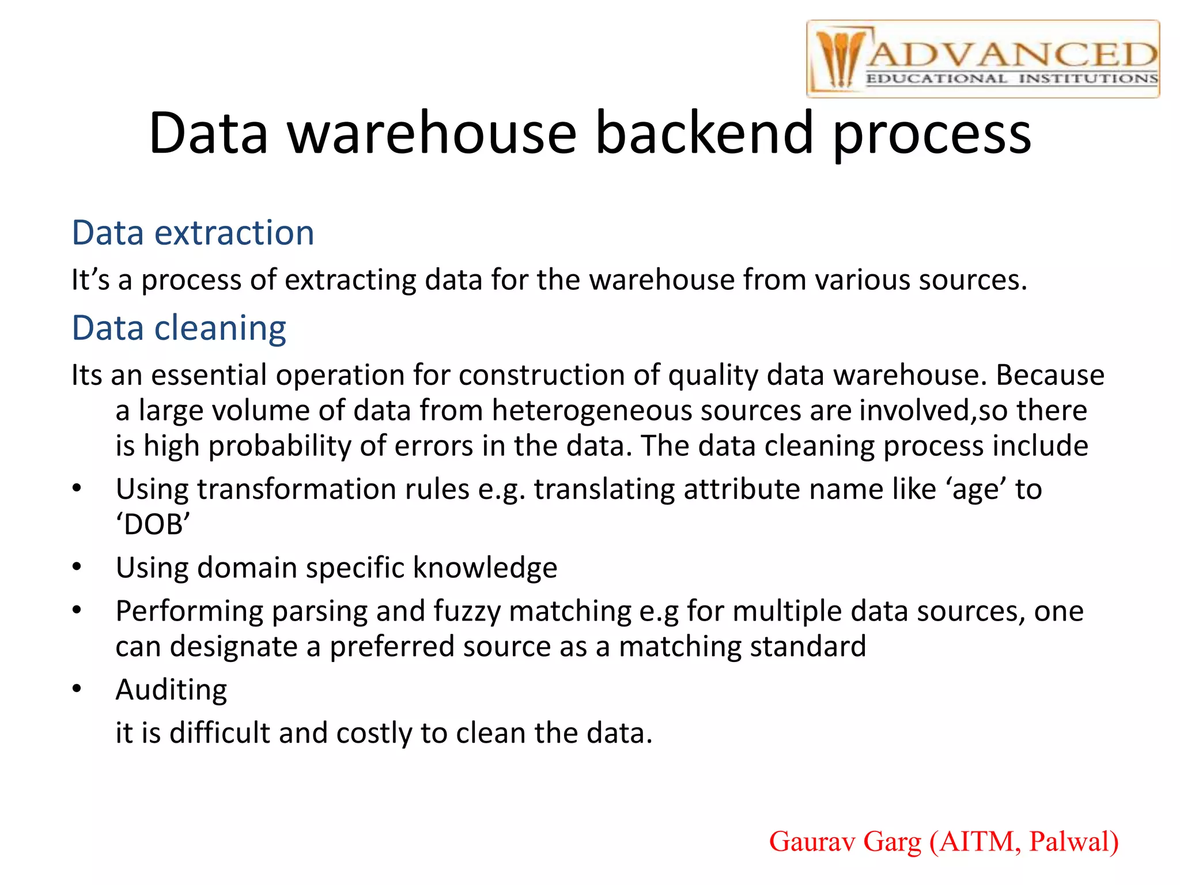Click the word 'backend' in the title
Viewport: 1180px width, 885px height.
pos(704,134)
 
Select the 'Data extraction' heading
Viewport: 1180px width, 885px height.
pos(192,233)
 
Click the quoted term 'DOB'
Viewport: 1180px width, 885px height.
pos(153,525)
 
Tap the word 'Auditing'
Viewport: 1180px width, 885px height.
pos(171,690)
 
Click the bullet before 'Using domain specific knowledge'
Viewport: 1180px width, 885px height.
pos(77,568)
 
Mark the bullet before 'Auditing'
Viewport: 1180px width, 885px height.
pos(77,689)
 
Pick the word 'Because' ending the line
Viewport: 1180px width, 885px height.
pos(1050,375)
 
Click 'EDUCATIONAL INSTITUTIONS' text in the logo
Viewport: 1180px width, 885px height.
pos(1011,79)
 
